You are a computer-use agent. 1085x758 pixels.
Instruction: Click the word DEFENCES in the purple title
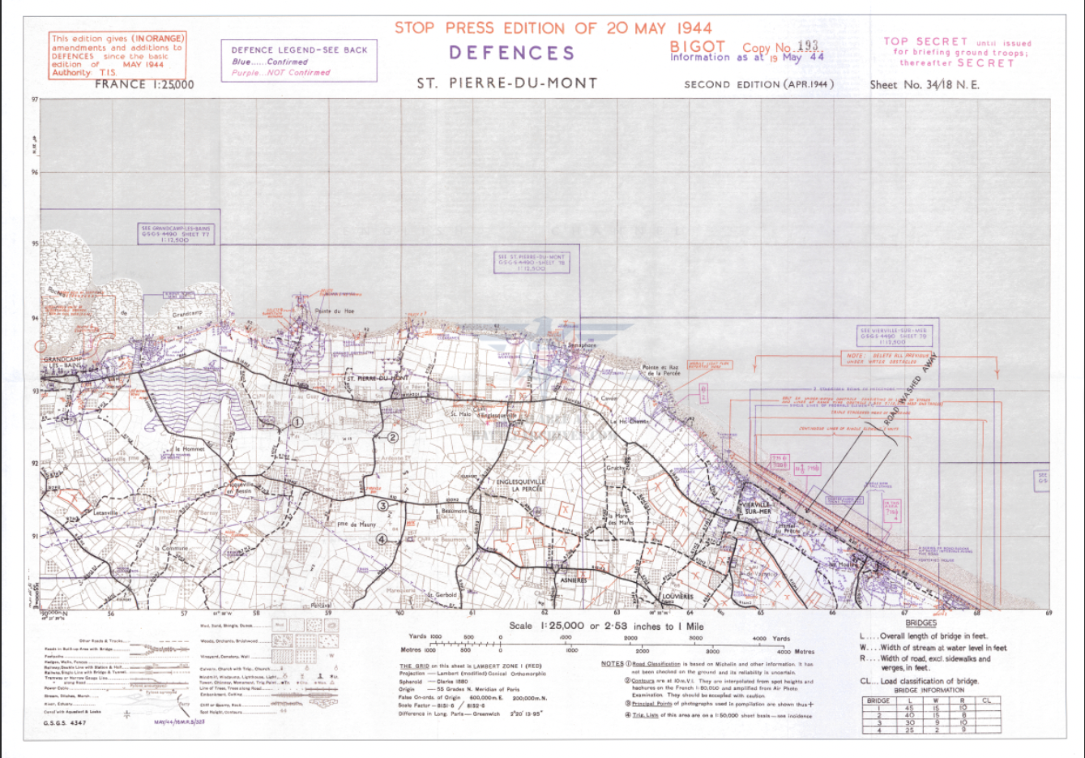click(x=511, y=54)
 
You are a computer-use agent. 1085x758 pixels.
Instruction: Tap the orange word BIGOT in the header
click(x=697, y=47)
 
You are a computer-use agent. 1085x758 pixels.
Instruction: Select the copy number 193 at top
click(x=808, y=46)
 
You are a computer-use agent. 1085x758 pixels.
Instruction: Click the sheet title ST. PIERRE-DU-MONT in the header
click(x=507, y=83)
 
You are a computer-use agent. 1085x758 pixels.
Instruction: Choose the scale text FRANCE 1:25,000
click(x=144, y=84)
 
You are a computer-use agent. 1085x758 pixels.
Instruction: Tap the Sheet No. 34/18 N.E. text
click(x=924, y=84)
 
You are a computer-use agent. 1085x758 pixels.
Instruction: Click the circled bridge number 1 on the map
click(x=297, y=422)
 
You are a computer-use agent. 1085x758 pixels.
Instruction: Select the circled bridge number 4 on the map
click(x=381, y=539)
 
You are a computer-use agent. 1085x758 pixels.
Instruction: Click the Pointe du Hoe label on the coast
click(x=334, y=311)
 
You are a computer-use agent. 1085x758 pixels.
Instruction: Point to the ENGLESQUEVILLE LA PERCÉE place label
click(x=521, y=485)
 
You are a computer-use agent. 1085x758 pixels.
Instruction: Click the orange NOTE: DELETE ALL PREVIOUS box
click(x=886, y=358)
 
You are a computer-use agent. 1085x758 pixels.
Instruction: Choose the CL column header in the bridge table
click(x=986, y=700)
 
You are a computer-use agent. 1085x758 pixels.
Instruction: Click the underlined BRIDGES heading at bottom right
click(x=921, y=623)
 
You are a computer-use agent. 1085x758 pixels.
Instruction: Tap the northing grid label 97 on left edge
click(x=35, y=100)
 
